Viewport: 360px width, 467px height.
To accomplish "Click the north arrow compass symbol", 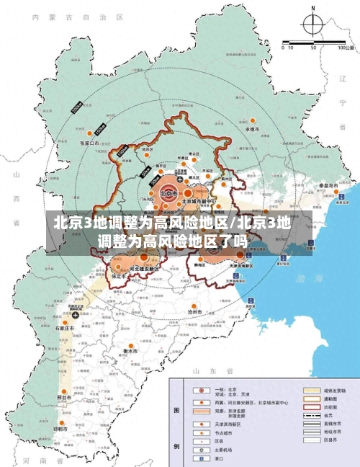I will click(313, 26).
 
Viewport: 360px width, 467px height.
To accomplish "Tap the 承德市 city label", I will click(252, 129).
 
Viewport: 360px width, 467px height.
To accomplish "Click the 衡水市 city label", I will click(130, 351).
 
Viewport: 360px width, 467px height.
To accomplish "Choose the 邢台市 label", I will click(64, 396).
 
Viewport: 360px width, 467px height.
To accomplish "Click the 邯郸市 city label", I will click(60, 428).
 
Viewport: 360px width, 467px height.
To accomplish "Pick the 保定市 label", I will click(118, 276).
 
